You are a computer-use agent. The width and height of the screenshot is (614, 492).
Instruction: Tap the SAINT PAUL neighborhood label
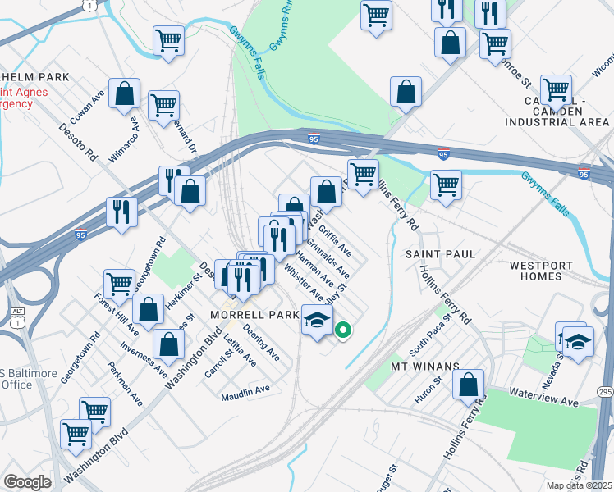point(440,254)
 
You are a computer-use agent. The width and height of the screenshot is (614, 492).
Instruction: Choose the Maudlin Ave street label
point(245,397)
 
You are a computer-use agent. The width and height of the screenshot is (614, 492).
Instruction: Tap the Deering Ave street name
point(262,346)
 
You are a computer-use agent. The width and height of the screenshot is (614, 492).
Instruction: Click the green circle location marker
point(344,331)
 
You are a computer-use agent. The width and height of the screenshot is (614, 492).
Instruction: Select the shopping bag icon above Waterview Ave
point(468,384)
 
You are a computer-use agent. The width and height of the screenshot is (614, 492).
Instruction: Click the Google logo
point(27,482)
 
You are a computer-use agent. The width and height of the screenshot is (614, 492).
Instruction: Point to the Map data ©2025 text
point(580,485)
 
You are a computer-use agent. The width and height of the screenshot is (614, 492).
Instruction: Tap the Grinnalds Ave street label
point(328,258)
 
